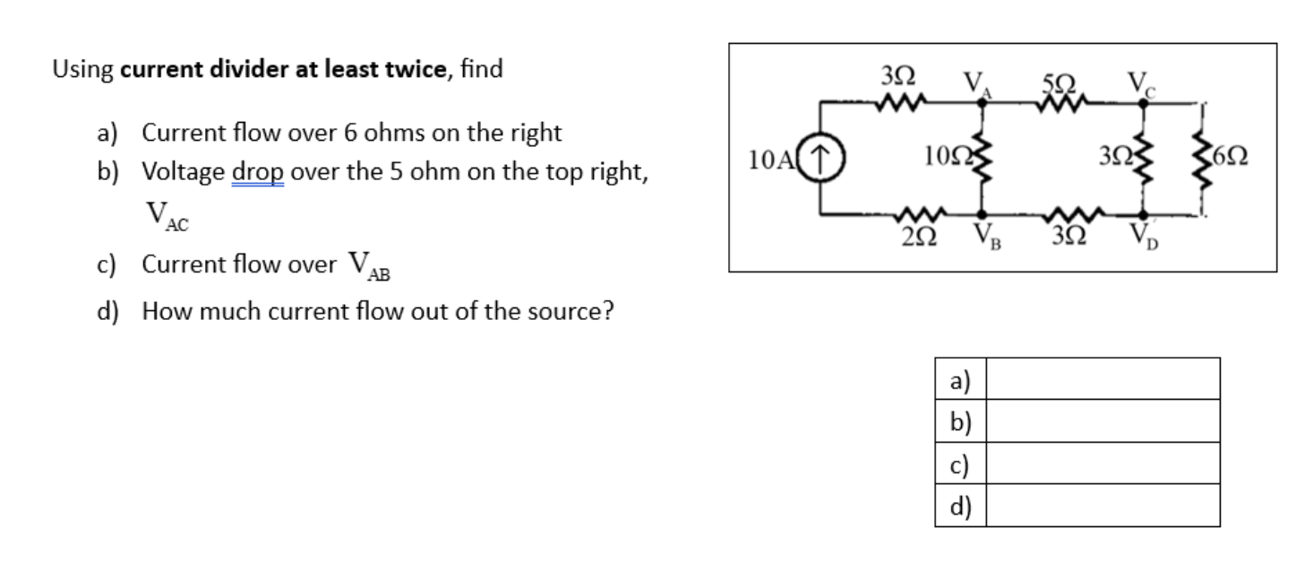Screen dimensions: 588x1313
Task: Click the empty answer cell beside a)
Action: click(x=1103, y=378)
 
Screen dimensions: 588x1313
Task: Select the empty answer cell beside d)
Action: click(x=1103, y=506)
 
